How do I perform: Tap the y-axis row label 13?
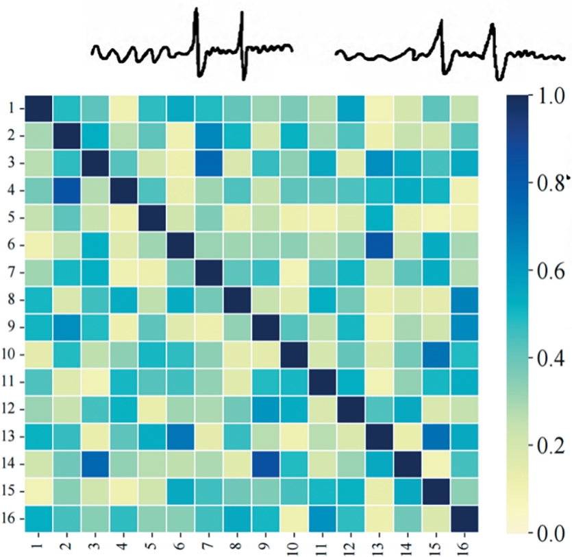coord(12,436)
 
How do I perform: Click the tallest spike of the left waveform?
coord(197,10)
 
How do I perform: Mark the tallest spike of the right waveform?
coord(441,21)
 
